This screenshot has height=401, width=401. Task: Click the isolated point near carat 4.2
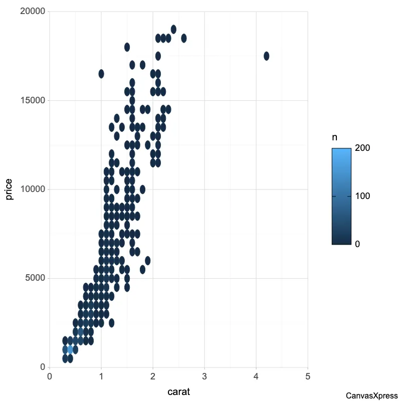[266, 56]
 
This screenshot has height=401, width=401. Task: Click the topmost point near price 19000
[173, 29]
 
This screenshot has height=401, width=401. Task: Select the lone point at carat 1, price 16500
[101, 74]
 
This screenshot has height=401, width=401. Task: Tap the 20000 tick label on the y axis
[33, 12]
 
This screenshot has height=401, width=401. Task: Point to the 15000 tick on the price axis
[33, 100]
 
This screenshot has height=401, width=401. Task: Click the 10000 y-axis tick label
[33, 189]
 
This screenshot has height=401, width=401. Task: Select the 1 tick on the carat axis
[101, 376]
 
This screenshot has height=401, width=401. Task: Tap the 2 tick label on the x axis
[153, 376]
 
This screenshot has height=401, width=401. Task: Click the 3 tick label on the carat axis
[205, 376]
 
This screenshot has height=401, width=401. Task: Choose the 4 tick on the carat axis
[256, 376]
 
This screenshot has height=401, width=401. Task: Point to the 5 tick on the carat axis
[308, 376]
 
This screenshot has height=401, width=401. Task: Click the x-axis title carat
[178, 391]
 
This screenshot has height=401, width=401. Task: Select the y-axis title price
[10, 189]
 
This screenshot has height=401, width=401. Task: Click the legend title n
[334, 137]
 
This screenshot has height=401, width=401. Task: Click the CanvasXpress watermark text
[371, 395]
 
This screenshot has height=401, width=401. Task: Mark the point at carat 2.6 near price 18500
[184, 38]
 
